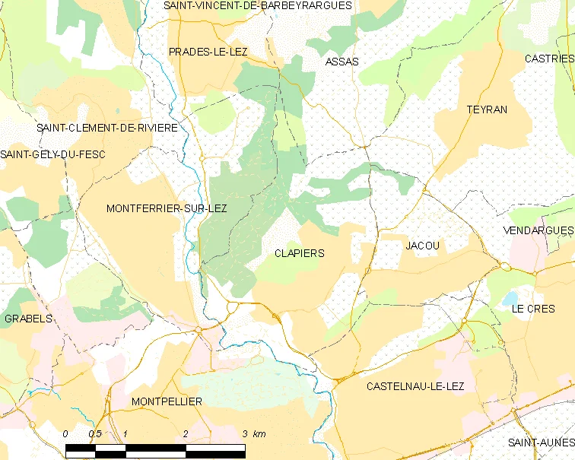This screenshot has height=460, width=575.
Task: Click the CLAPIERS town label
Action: pyautogui.click(x=299, y=253)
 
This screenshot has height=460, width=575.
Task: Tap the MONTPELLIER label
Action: pyautogui.click(x=167, y=401)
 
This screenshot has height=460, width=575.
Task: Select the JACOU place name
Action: pyautogui.click(x=423, y=246)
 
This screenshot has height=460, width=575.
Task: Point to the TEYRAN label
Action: pyautogui.click(x=487, y=109)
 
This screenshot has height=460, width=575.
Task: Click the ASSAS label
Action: pyautogui.click(x=342, y=61)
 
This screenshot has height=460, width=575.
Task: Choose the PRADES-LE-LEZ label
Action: pyautogui.click(x=208, y=52)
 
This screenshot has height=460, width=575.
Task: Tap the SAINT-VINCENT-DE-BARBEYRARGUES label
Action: pyautogui.click(x=259, y=5)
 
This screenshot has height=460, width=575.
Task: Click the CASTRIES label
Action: pyautogui.click(x=549, y=59)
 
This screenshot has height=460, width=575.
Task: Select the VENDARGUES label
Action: pyautogui.click(x=538, y=230)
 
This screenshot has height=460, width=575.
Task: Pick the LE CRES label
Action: pyautogui.click(x=533, y=309)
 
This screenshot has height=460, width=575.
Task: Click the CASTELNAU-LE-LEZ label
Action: pyautogui.click(x=415, y=386)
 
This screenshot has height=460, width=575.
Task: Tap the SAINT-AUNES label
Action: pyautogui.click(x=541, y=443)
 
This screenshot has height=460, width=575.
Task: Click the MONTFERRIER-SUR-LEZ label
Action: pyautogui.click(x=167, y=208)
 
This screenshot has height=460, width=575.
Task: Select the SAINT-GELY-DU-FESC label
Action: pyautogui.click(x=52, y=154)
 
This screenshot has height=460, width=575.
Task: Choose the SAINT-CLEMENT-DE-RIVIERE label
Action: pyautogui.click(x=107, y=128)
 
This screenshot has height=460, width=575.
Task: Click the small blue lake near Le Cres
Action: pyautogui.click(x=507, y=297)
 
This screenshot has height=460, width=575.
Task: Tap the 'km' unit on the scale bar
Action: pyautogui.click(x=259, y=433)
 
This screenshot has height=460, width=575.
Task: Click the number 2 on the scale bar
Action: pyautogui.click(x=185, y=433)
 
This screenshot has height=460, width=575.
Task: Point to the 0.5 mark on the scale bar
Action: pyautogui.click(x=94, y=433)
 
